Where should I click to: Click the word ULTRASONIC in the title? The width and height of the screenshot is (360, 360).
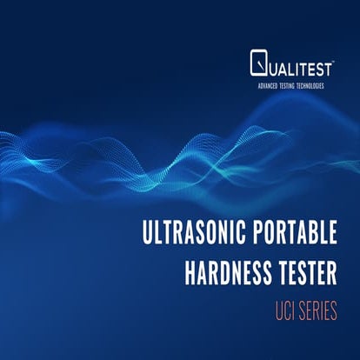[x=190, y=236]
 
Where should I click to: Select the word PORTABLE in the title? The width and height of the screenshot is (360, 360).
[x=289, y=236]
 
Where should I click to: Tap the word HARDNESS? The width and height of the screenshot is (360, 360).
[x=226, y=273]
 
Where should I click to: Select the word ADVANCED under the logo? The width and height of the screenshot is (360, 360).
[x=263, y=85]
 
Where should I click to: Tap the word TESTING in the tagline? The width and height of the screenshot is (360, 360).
[x=290, y=85]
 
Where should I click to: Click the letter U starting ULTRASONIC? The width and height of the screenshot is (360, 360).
[x=146, y=236]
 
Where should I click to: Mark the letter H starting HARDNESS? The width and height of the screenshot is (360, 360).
[x=190, y=273]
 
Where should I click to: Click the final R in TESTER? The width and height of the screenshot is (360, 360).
[x=330, y=273]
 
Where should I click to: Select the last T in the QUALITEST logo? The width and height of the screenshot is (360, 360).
[x=331, y=63]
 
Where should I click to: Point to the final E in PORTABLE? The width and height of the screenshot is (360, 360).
[x=330, y=236]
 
